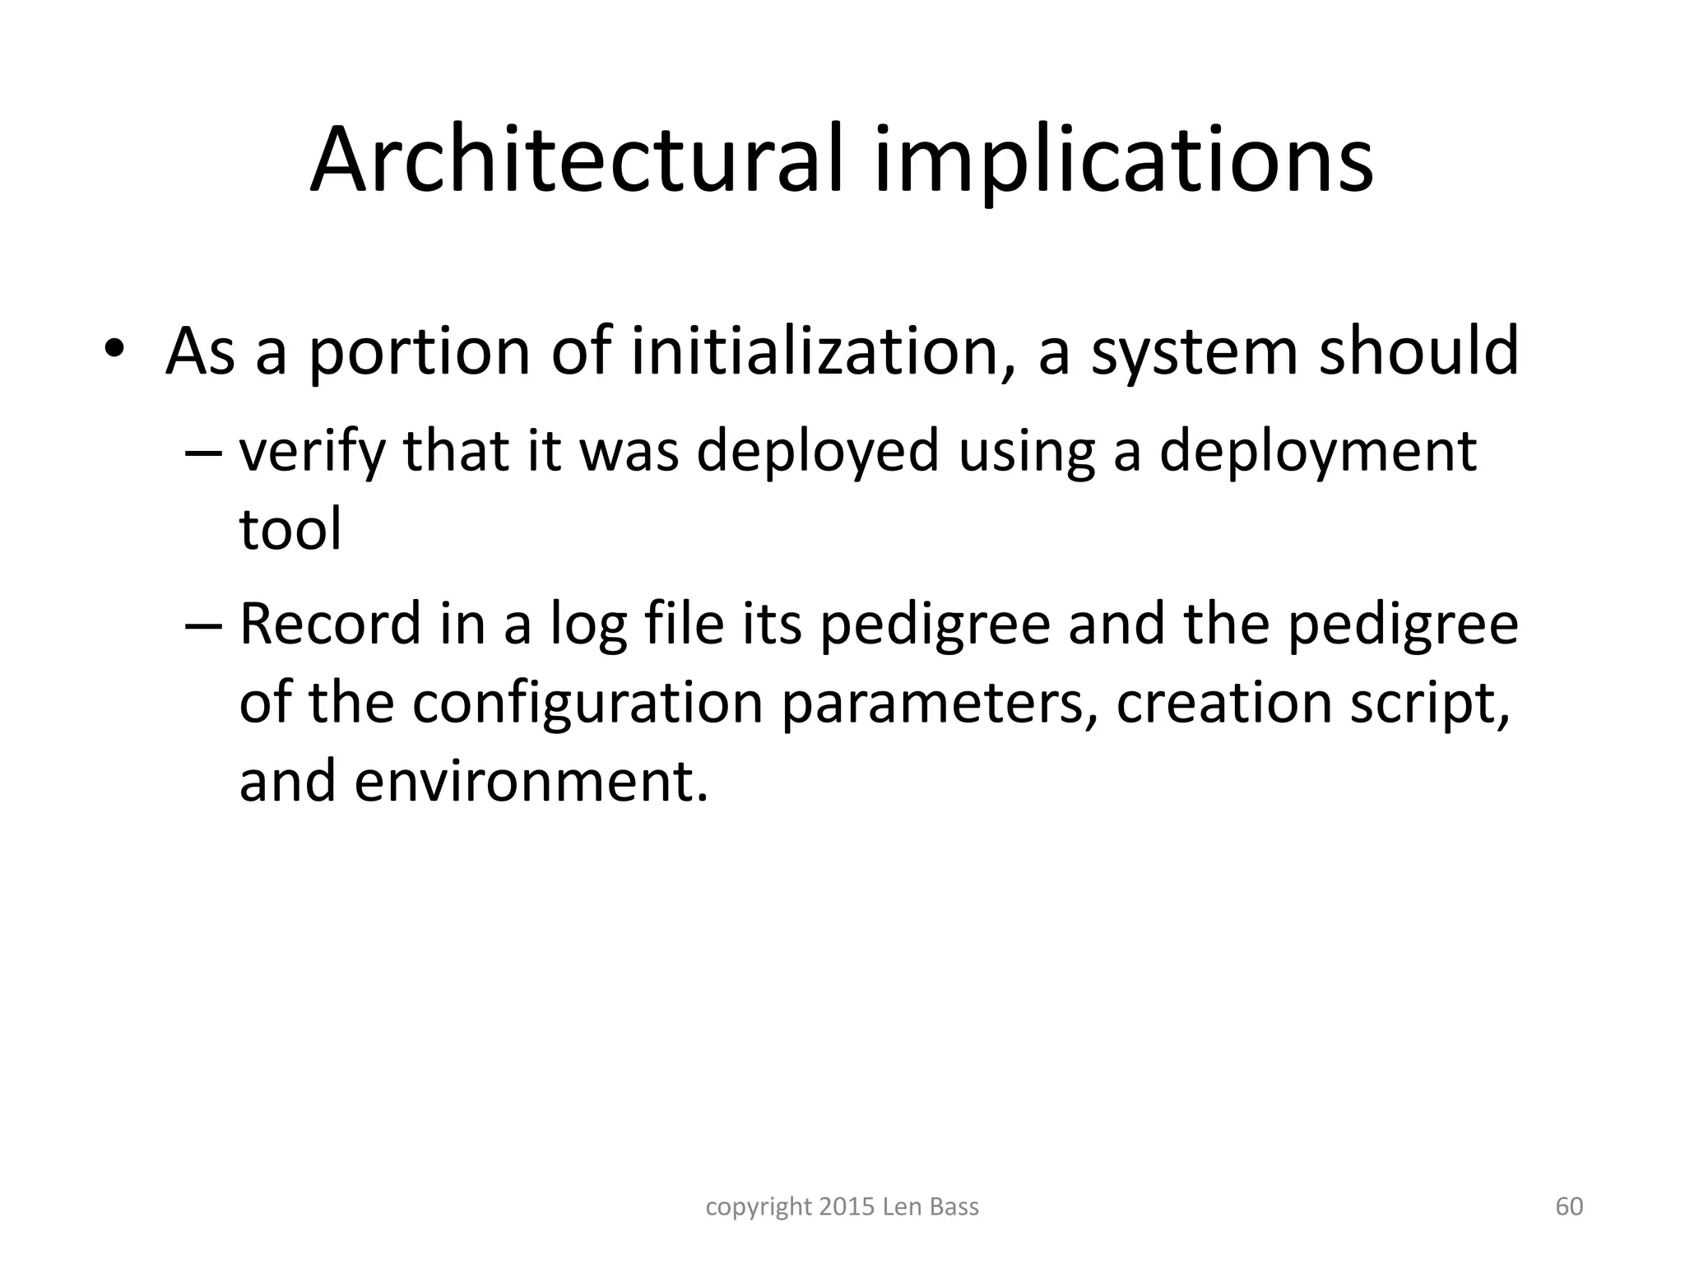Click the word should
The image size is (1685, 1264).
tap(1419, 351)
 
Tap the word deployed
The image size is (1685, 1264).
tap(817, 452)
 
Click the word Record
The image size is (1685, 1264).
tap(330, 623)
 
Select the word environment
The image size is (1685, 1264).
tap(531, 781)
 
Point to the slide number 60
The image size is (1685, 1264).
tap(1569, 1207)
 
